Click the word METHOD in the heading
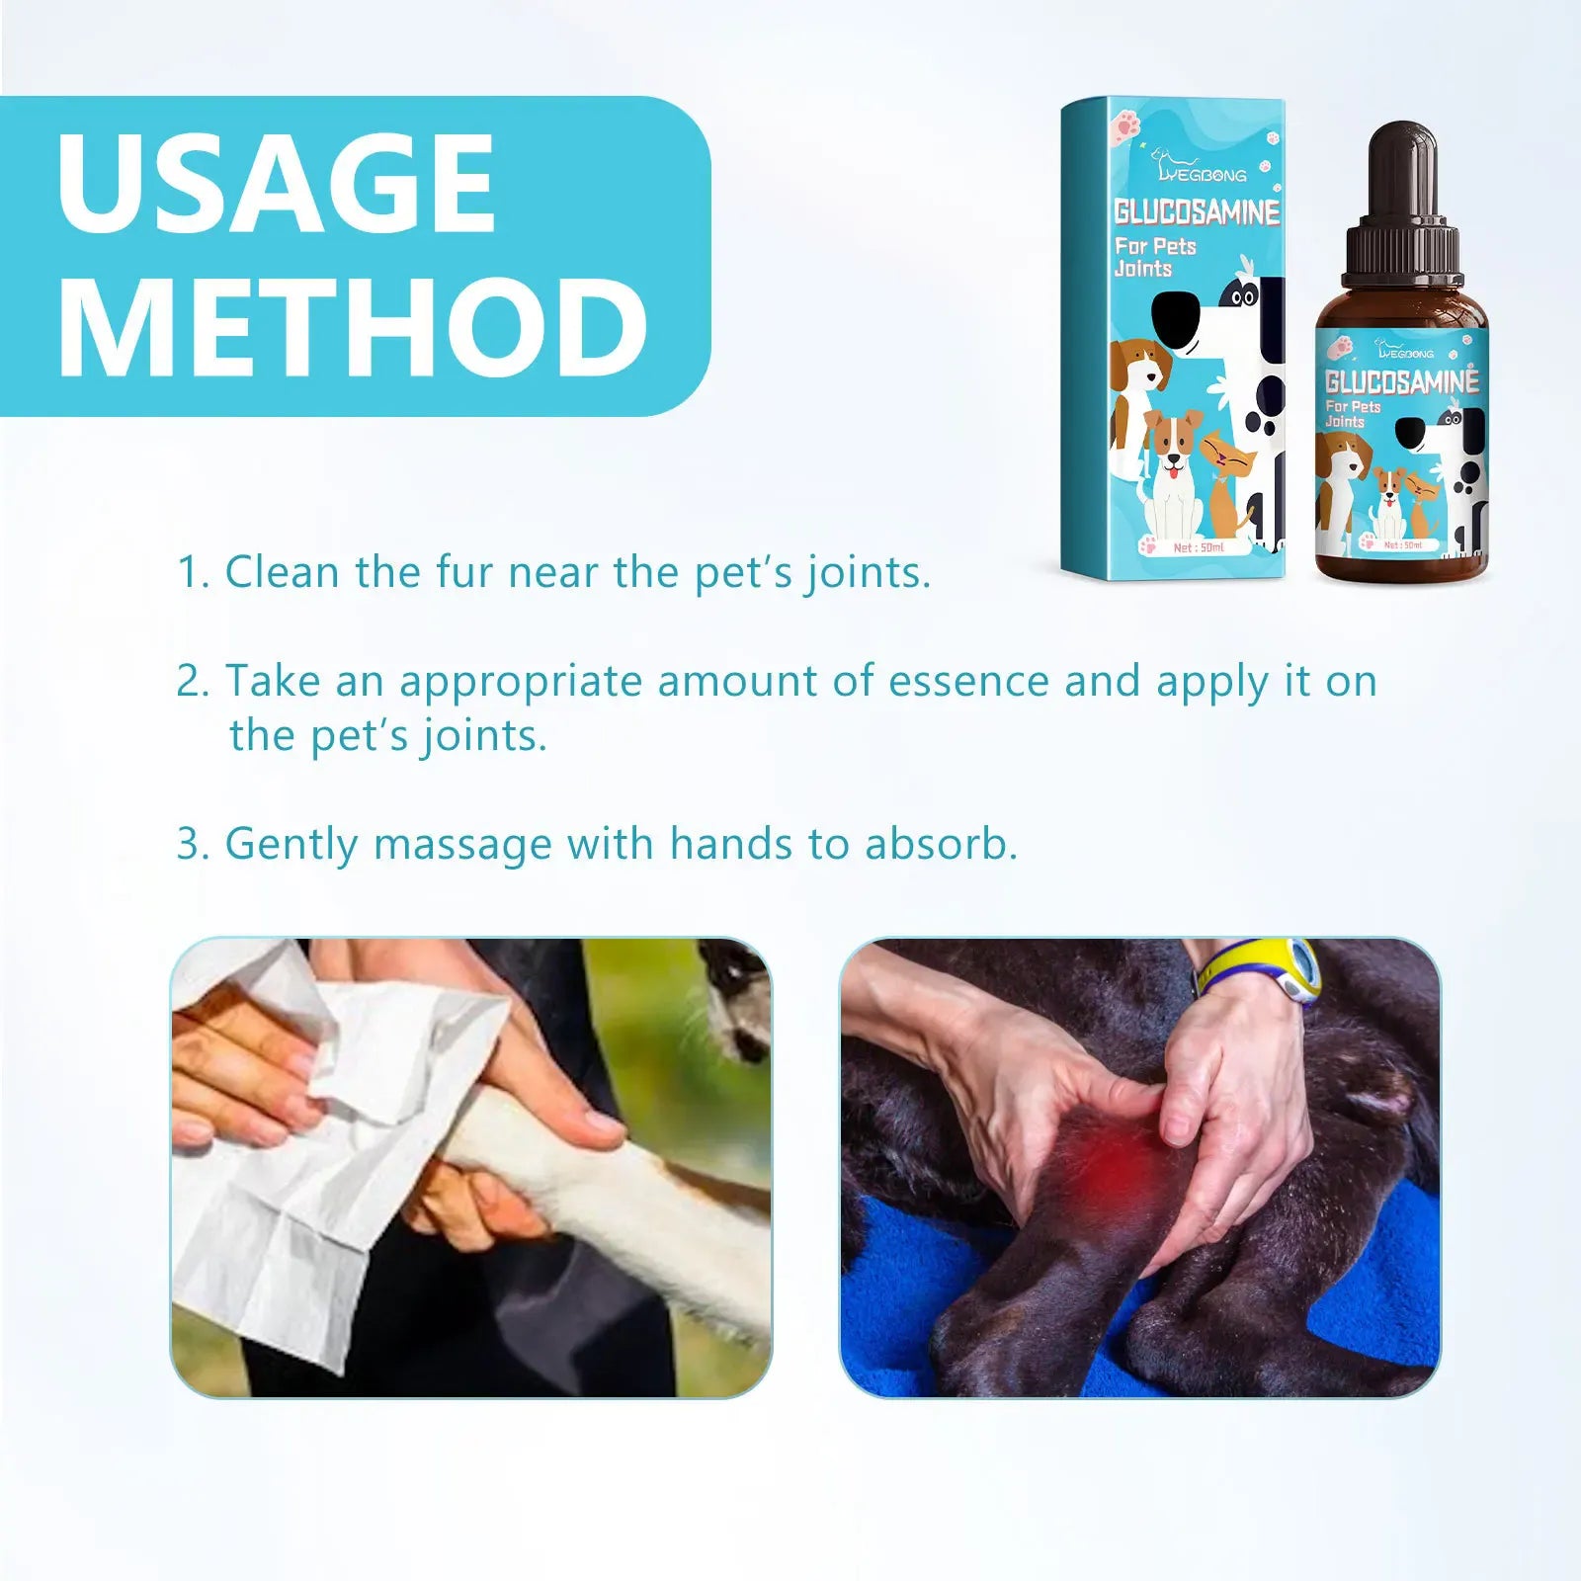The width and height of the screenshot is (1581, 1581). pos(353,327)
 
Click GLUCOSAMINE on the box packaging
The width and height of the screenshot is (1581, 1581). pos(1197,212)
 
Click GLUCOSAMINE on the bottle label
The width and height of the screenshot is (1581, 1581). pos(1401,381)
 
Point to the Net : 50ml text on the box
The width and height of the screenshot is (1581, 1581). pos(1198,547)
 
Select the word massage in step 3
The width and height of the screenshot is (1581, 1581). pos(462,846)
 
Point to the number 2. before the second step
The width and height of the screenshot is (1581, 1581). pos(192,682)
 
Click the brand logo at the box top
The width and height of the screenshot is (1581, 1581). pos(1201,168)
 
